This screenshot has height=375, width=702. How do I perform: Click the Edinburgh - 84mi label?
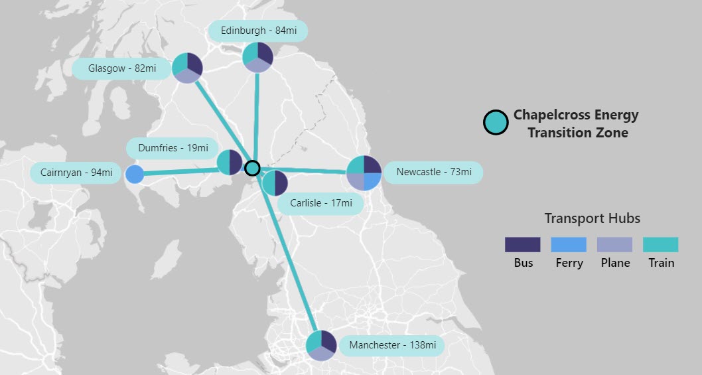point(258,31)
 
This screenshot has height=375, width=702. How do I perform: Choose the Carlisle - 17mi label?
point(321,203)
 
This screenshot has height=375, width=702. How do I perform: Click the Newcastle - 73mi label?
point(433,173)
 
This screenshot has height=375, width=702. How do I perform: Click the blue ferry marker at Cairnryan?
point(135,175)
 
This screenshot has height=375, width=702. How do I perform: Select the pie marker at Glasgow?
point(187,68)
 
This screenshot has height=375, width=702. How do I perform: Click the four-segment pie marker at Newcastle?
point(364,173)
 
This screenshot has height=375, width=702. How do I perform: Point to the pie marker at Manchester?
point(321,345)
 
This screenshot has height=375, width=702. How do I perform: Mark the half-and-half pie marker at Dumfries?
point(230,162)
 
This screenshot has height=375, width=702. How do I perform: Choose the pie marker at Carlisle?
point(274,183)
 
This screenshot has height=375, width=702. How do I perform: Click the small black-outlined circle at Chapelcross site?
point(252,168)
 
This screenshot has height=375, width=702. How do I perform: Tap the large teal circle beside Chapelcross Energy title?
point(496,122)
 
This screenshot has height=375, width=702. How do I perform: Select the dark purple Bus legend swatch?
point(523,244)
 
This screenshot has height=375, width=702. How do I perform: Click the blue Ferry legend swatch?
point(569,244)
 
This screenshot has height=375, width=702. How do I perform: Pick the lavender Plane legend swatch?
point(615,244)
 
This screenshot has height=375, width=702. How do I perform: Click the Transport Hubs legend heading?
point(592,218)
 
